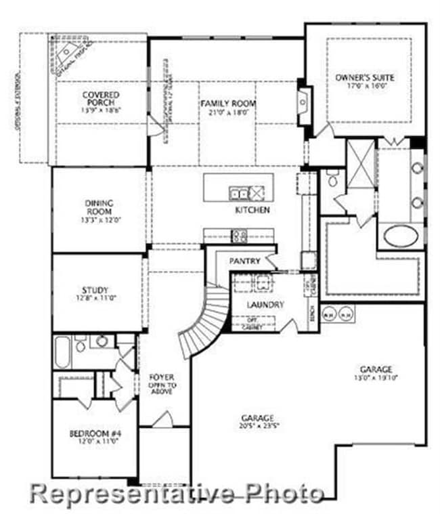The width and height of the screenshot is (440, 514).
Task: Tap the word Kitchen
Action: point(252,211)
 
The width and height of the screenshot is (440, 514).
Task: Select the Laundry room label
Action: point(265,305)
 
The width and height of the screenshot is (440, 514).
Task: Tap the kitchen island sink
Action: point(239,194)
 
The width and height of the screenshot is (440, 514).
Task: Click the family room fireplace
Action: point(302,102)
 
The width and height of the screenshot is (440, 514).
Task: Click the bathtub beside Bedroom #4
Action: point(63,351)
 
